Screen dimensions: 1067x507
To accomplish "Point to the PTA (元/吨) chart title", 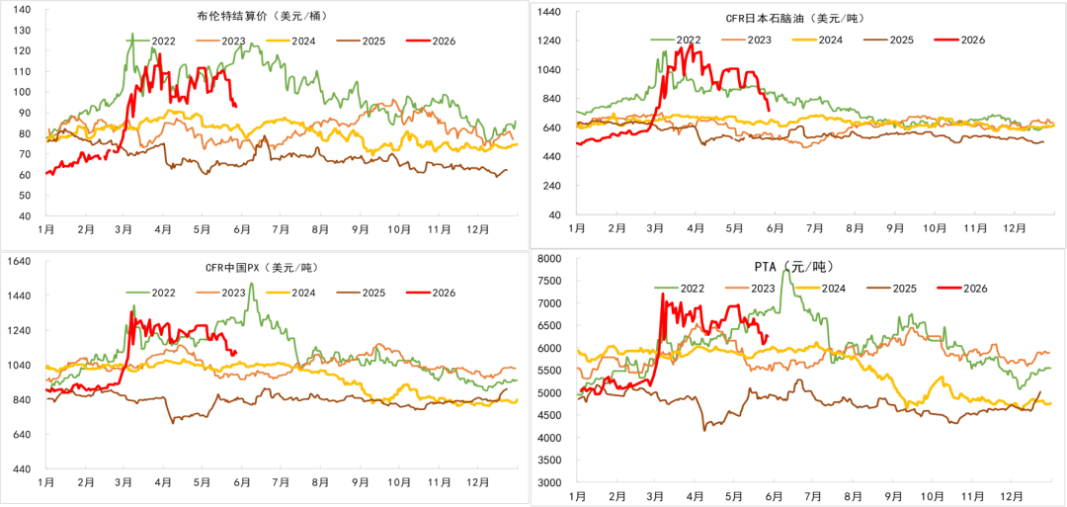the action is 792,266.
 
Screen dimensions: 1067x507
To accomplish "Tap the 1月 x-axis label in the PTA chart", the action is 577,497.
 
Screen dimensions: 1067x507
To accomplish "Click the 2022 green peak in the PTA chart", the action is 786,270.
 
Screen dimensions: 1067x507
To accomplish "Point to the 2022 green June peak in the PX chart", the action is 251,284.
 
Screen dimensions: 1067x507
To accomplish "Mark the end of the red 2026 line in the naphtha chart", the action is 769,111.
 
